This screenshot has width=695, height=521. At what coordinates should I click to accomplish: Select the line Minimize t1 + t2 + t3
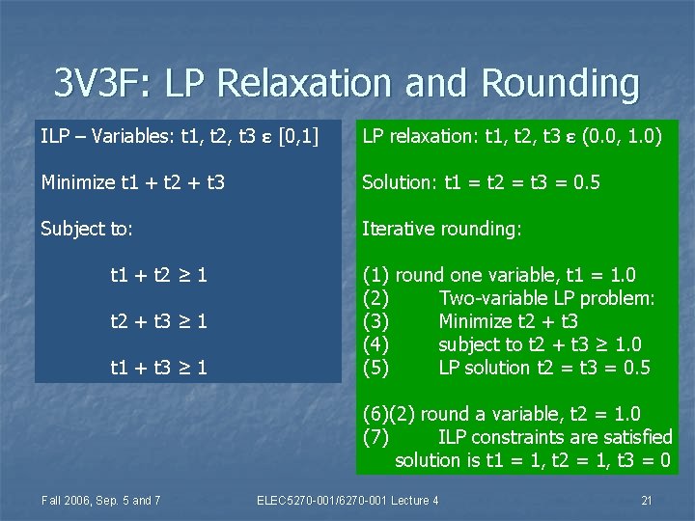132,181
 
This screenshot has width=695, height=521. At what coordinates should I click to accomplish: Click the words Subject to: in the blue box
87,229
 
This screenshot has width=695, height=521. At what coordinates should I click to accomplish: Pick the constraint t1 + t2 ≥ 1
159,275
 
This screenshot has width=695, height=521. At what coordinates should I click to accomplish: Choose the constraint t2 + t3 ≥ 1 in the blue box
159,321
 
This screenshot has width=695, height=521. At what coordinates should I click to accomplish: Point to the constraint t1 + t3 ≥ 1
159,368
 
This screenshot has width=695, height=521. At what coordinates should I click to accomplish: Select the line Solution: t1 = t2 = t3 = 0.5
481,181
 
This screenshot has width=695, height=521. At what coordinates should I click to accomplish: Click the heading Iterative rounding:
441,229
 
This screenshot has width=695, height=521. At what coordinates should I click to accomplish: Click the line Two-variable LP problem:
546,298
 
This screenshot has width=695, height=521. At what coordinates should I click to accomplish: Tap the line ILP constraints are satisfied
555,437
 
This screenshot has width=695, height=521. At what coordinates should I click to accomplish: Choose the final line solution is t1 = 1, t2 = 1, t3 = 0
533,460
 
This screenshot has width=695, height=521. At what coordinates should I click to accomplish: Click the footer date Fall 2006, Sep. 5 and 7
100,499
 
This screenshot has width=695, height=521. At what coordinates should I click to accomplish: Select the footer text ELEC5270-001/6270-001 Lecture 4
347,499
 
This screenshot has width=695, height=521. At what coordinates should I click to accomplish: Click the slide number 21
647,499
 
